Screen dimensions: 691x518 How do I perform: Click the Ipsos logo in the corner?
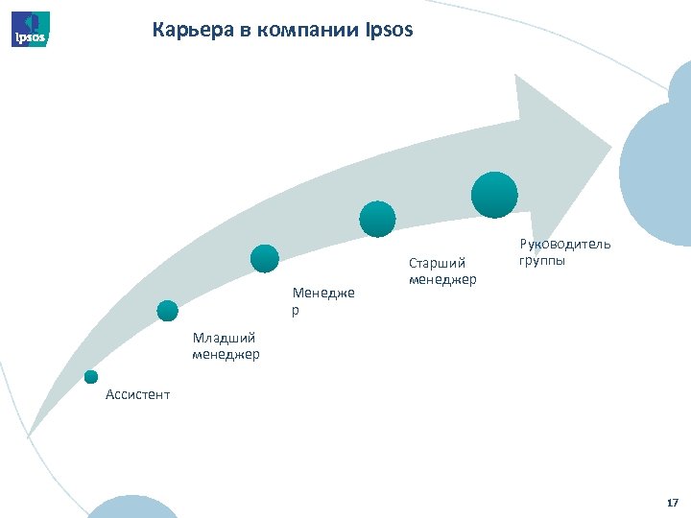pyautogui.click(x=31, y=29)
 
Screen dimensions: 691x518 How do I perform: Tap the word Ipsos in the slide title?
pyautogui.click(x=389, y=31)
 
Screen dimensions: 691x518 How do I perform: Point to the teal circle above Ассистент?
pyautogui.click(x=91, y=377)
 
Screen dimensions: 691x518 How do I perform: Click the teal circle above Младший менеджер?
pyautogui.click(x=168, y=310)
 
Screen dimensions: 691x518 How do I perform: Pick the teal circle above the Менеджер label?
pyautogui.click(x=264, y=258)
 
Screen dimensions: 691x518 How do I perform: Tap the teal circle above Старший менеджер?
pyautogui.click(x=377, y=219)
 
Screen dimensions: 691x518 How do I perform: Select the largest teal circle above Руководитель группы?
pyautogui.click(x=494, y=195)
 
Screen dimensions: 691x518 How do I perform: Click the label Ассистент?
pyautogui.click(x=137, y=394)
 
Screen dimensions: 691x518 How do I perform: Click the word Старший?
pyautogui.click(x=437, y=262)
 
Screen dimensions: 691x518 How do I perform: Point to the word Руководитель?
pyautogui.click(x=564, y=244)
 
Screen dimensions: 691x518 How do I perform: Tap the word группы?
pyautogui.click(x=542, y=260)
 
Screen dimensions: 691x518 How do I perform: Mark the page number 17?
pyautogui.click(x=672, y=503)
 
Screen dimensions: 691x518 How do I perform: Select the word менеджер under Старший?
pyautogui.click(x=442, y=279)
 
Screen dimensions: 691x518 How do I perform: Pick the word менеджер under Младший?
pyautogui.click(x=226, y=355)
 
